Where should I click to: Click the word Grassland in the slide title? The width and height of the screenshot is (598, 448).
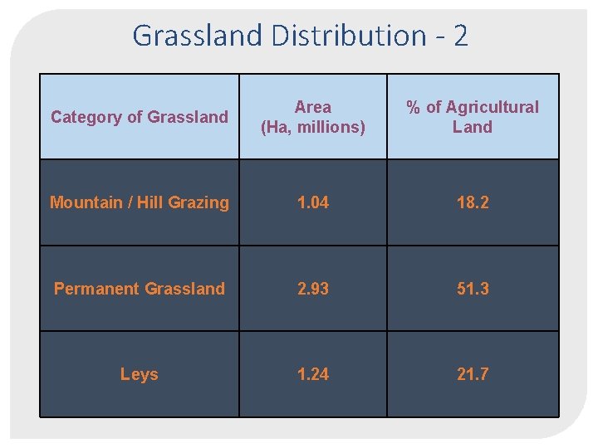point(196,36)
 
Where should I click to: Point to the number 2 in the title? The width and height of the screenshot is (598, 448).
point(461,36)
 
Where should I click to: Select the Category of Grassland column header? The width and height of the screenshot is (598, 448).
point(140,117)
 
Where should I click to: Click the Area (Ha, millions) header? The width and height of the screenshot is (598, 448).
point(313,117)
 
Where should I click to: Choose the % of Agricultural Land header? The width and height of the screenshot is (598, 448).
point(472,117)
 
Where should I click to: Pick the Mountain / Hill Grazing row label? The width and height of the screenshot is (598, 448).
point(140,202)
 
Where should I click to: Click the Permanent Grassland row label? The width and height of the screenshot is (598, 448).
point(140,289)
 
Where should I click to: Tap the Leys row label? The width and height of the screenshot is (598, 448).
point(139,374)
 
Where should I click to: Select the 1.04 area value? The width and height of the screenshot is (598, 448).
point(313,202)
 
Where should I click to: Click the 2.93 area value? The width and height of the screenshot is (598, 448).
point(313,289)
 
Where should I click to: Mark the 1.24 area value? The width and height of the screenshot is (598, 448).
point(313,374)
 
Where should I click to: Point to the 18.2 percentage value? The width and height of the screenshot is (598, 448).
point(473,202)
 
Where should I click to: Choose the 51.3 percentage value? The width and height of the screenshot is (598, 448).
point(473,289)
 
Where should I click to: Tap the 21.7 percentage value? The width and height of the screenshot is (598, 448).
point(473,374)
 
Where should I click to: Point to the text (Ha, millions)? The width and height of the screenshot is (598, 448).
point(313,127)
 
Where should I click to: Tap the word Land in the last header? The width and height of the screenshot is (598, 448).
point(473,127)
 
